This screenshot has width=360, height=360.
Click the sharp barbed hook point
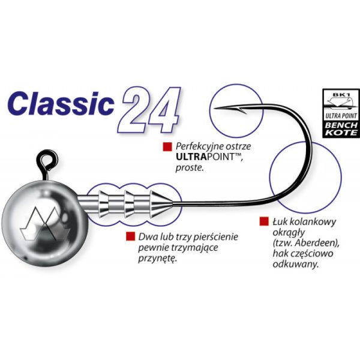click(x=223, y=108)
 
